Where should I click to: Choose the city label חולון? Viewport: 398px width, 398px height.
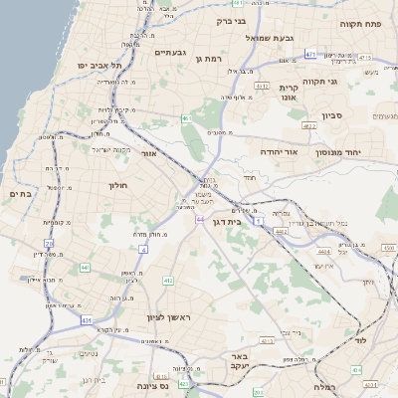(x=118, y=185)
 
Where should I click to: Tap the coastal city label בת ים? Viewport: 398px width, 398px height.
(x=20, y=194)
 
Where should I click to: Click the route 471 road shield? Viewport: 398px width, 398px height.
(x=310, y=54)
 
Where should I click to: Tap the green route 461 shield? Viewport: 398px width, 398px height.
(x=185, y=118)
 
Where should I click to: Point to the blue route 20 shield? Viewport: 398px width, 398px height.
(x=49, y=242)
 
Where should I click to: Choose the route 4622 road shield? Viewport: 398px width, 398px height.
(x=309, y=126)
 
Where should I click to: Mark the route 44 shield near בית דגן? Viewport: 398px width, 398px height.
(x=200, y=219)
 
